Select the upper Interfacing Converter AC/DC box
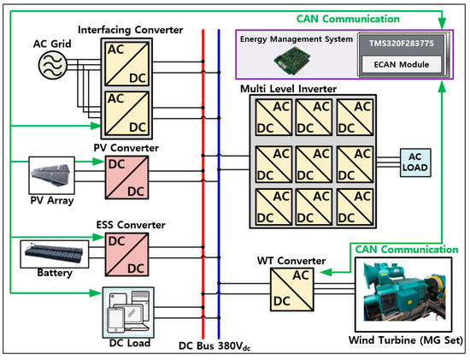[x=126, y=63]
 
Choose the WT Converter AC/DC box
[x=291, y=289]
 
